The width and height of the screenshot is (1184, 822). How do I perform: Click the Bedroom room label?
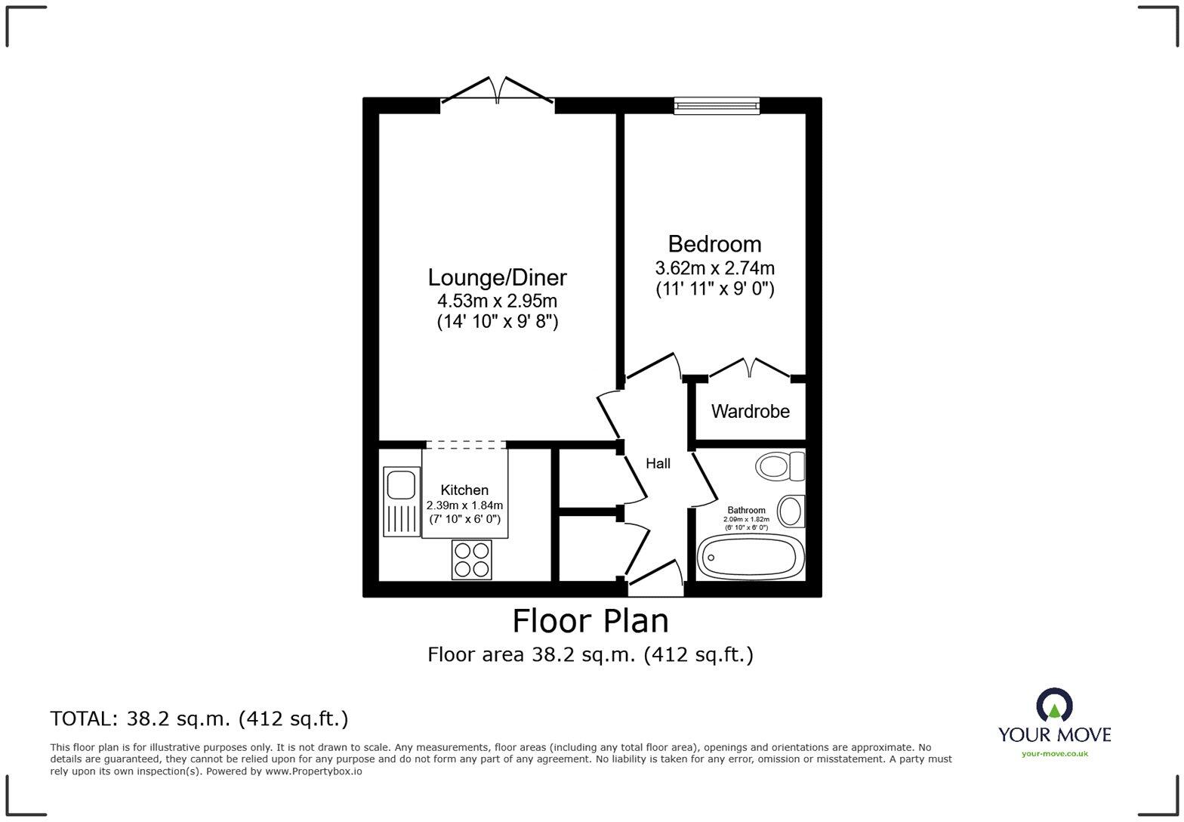point(714,244)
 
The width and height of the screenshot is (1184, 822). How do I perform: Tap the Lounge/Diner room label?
point(497,278)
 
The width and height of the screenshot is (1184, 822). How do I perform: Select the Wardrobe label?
point(750,411)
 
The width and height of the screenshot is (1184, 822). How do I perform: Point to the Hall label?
point(658,463)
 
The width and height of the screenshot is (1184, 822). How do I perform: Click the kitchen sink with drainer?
point(401,501)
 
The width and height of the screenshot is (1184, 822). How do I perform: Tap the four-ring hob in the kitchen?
point(471,559)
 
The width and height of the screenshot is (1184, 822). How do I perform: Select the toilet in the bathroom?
point(779,467)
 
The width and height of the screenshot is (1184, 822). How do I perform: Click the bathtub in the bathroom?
point(751,557)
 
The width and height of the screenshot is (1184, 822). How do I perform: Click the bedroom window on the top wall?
point(717,105)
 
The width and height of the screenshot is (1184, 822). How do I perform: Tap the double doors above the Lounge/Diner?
point(498,90)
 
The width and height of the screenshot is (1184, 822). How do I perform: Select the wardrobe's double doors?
point(750,368)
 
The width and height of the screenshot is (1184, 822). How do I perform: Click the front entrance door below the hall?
point(655,577)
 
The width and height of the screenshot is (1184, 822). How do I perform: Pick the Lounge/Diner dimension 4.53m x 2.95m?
point(497,301)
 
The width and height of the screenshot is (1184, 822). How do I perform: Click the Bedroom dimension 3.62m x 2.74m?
point(714,268)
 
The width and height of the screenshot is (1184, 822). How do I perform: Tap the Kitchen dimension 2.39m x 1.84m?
point(464,505)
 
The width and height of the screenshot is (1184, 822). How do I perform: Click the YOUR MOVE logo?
point(1054,722)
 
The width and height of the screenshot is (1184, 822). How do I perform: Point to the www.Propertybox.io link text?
point(313,771)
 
